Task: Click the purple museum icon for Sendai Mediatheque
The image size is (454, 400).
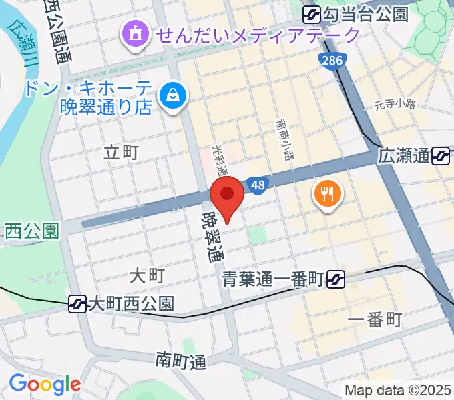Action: coord(134,33)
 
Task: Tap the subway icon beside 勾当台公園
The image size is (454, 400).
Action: coord(312,14)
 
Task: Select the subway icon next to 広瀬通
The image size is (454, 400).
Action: coord(441,157)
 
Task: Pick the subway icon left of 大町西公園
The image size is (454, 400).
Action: coord(78,305)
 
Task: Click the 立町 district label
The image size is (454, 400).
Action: coord(122,153)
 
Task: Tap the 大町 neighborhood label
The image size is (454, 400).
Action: coord(146,275)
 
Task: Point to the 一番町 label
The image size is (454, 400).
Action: coord(375,320)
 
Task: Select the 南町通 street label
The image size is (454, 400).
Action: coord(182,362)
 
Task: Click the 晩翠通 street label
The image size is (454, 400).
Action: coord(213,237)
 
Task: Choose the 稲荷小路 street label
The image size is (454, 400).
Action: coord(284,139)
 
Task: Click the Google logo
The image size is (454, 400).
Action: coord(45,384)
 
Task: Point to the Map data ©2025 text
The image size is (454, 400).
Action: coord(397,390)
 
